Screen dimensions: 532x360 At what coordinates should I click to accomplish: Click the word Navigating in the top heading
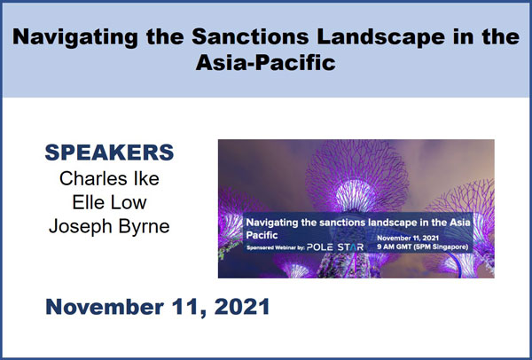click(75, 37)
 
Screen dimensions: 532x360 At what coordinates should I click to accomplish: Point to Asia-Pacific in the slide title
click(266, 63)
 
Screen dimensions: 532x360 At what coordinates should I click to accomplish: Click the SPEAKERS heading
click(109, 153)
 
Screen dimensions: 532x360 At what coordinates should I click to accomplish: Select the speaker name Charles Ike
click(109, 178)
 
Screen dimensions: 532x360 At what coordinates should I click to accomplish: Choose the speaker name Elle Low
click(109, 202)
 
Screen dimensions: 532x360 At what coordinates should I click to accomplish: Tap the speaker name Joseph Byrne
click(109, 227)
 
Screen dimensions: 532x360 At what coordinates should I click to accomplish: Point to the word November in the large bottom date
click(105, 307)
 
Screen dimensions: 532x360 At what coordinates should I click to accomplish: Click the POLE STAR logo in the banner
click(335, 247)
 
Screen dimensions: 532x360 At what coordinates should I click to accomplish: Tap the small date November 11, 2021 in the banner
click(408, 239)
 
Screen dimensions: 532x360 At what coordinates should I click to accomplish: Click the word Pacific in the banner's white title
click(262, 235)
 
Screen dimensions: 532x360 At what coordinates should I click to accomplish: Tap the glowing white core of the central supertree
click(356, 195)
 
